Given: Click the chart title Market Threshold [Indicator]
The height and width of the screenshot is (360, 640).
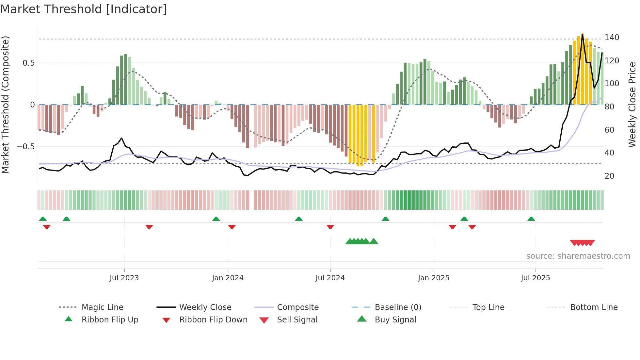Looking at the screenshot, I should point(84,9).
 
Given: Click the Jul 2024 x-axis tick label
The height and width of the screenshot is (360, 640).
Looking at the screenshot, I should point(330,278).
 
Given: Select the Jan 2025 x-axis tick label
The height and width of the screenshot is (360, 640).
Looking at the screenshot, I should point(433,278).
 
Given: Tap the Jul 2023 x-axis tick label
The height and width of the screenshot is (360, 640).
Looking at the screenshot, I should point(124,278).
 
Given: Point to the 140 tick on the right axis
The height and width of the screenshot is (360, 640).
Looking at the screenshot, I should point(612,38).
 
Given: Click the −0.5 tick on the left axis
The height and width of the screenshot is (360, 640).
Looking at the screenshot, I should point(26,147).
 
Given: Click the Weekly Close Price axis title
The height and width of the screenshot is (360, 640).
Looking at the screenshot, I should point(632,105).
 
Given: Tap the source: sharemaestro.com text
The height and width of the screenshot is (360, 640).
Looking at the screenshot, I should point(578,256).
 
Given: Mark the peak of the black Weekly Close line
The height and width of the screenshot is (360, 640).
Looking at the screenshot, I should point(583,34).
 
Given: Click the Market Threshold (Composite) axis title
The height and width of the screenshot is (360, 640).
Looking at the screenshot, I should point(5,105).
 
